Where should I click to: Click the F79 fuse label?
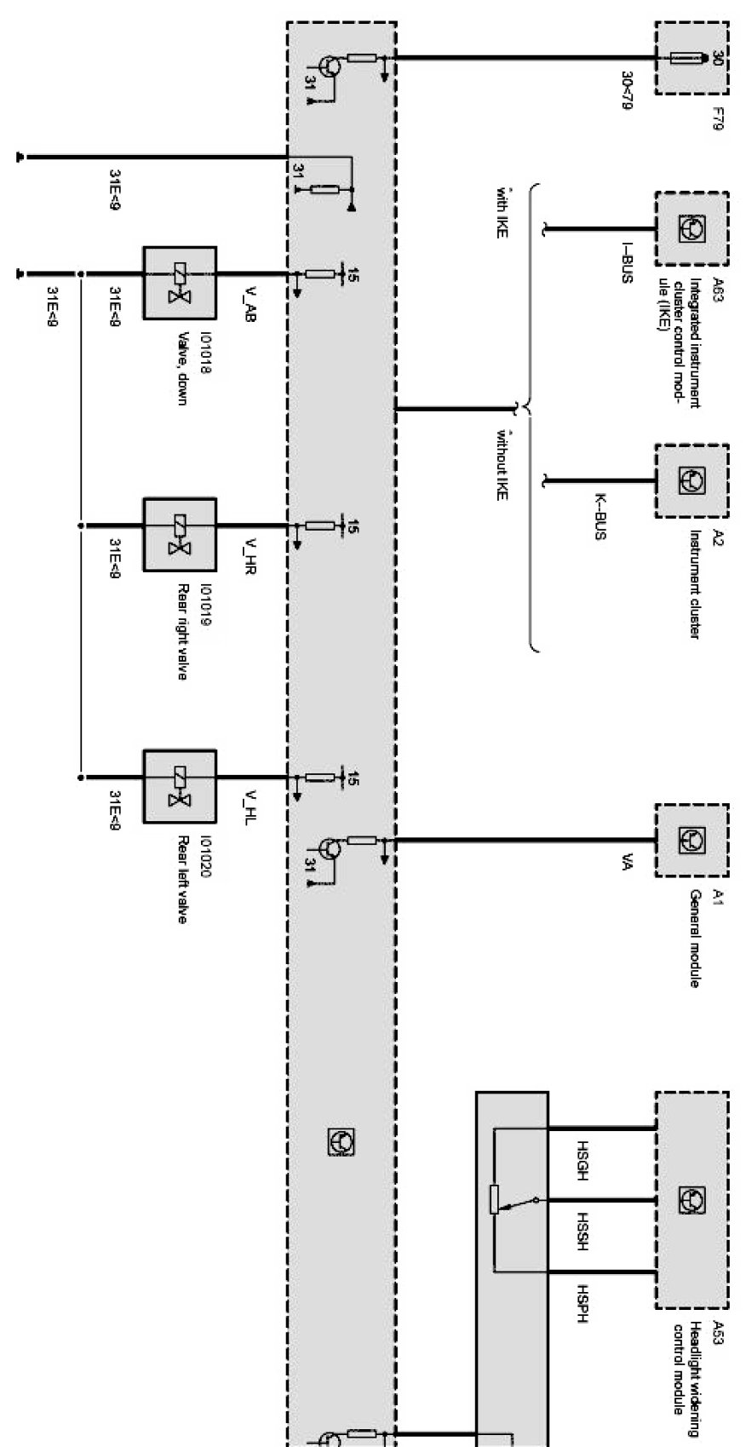click(x=716, y=112)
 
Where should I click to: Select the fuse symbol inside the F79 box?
click(x=686, y=59)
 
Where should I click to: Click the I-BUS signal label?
click(x=626, y=264)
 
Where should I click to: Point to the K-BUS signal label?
click(x=601, y=517)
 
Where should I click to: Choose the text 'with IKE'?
click(x=502, y=211)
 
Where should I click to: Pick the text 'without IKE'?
click(x=502, y=465)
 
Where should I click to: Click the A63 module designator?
click(x=716, y=289)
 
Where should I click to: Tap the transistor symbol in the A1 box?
click(x=692, y=841)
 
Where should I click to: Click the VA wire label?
click(x=626, y=862)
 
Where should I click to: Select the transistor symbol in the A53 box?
click(x=692, y=1199)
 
